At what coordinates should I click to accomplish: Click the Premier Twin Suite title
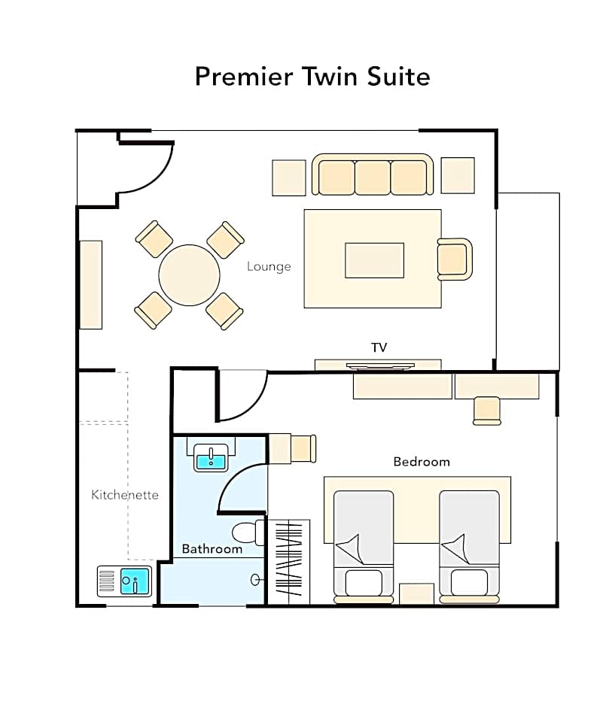(x=312, y=77)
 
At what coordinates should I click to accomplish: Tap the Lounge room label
(x=269, y=266)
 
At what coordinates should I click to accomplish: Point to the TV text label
(x=379, y=347)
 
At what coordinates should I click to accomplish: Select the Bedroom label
(x=422, y=462)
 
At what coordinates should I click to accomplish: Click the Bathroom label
(x=212, y=549)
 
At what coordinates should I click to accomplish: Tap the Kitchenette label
(x=124, y=495)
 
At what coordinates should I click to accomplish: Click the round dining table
(x=189, y=275)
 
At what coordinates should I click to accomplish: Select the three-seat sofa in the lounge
(x=373, y=174)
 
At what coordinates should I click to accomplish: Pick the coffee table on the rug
(x=375, y=261)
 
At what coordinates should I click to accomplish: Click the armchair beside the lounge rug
(x=455, y=259)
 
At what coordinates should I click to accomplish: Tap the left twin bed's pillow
(x=364, y=583)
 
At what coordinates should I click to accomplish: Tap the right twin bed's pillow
(x=470, y=583)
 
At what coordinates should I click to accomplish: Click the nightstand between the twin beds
(x=416, y=594)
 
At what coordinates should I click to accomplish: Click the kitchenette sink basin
(x=135, y=581)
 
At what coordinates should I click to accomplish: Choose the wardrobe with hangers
(x=289, y=562)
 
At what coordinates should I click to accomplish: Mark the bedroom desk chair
(x=487, y=411)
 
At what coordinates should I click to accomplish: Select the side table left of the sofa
(x=289, y=178)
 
